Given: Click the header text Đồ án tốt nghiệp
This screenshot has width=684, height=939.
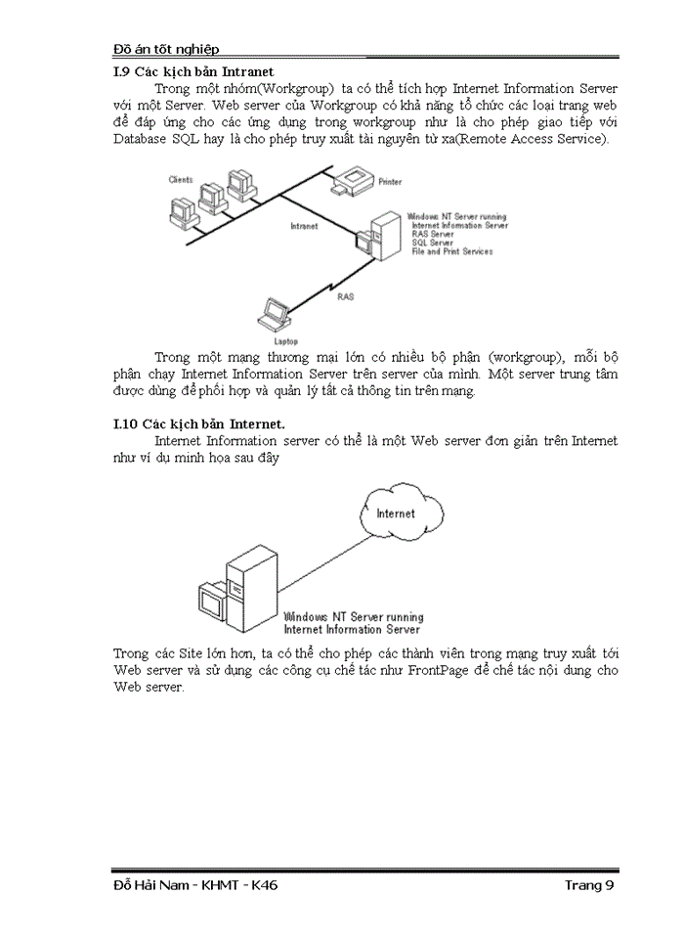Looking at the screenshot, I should click(166, 49).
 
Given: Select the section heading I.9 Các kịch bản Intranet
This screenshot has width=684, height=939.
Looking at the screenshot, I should click(193, 71).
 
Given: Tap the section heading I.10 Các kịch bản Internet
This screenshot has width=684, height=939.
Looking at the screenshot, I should click(199, 424).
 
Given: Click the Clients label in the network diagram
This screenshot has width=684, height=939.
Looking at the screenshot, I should click(181, 180).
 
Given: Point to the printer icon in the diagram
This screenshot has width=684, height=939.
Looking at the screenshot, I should click(352, 179).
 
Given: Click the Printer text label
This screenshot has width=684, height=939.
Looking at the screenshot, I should click(390, 182).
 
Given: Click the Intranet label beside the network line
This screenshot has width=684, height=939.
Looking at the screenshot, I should click(305, 226).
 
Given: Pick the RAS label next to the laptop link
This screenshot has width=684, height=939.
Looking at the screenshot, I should click(346, 295).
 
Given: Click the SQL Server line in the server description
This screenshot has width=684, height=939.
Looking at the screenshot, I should click(434, 243).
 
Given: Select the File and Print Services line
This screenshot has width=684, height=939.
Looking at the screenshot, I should click(452, 251).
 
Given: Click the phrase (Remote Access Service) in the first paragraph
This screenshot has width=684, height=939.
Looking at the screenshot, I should click(536, 140).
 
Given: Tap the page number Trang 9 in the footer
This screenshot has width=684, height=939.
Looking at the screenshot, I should click(589, 885).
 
